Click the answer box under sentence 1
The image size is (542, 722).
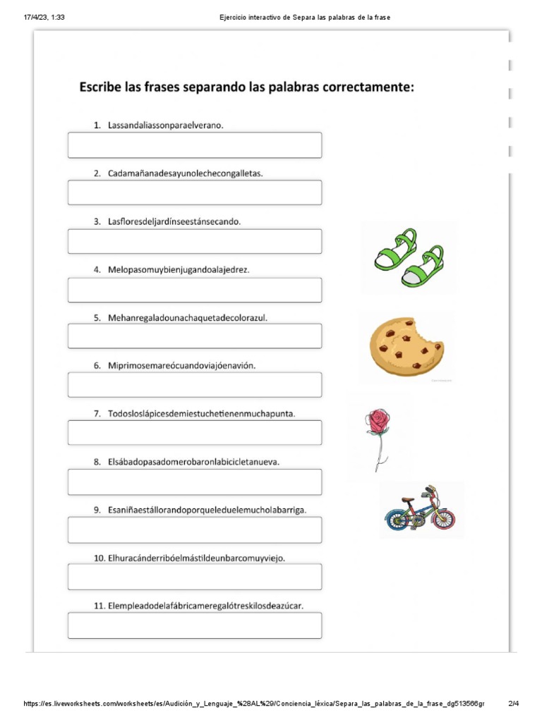click(x=194, y=145)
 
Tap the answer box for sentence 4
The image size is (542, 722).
click(x=194, y=290)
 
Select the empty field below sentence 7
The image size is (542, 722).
click(x=194, y=433)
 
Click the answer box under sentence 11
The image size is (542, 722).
click(x=194, y=625)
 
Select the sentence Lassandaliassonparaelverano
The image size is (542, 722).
click(x=170, y=125)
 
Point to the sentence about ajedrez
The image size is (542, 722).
click(x=179, y=269)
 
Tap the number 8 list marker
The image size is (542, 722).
click(x=97, y=462)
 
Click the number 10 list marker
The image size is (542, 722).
click(x=100, y=558)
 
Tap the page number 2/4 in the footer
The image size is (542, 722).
click(x=513, y=704)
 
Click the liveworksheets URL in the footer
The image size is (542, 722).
click(x=254, y=704)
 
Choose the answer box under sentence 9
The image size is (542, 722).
click(x=194, y=530)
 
